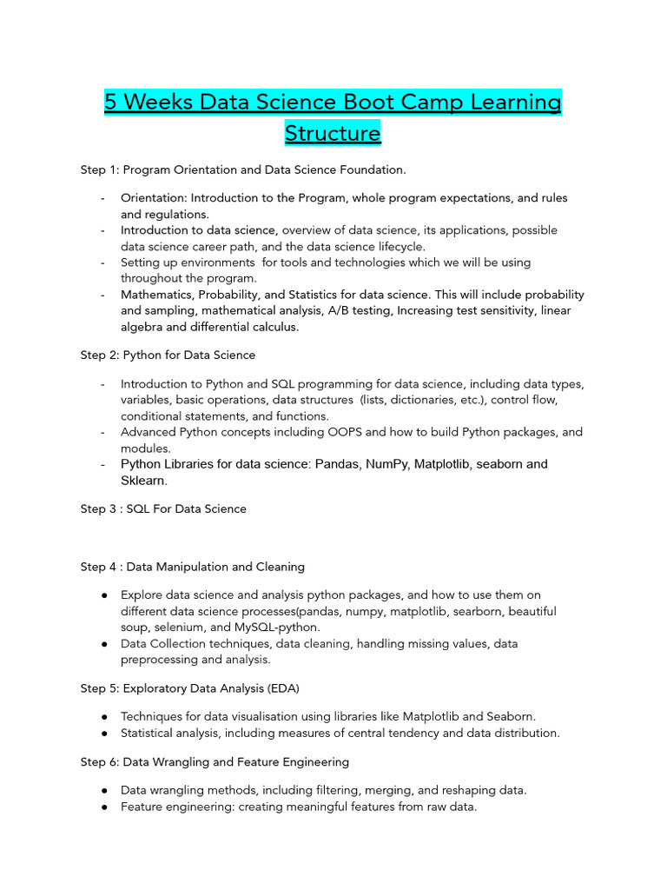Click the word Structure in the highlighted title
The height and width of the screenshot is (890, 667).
(x=333, y=133)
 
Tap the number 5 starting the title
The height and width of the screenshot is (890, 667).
(x=110, y=103)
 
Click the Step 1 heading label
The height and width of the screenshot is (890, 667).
(x=100, y=169)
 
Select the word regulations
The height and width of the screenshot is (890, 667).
(x=178, y=215)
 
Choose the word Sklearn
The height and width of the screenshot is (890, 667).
(x=143, y=481)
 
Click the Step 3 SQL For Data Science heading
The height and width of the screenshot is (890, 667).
(x=163, y=509)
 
